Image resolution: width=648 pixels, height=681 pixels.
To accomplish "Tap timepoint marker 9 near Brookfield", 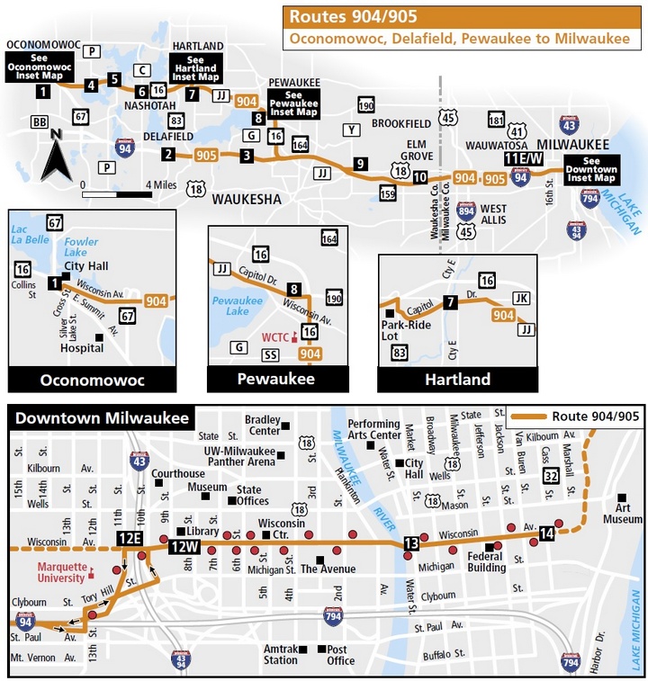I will click(360, 164).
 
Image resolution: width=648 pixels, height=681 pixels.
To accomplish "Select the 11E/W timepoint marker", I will click(524, 159).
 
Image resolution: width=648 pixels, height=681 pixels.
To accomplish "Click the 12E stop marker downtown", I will click(130, 538).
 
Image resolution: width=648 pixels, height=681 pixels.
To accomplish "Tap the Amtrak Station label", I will click(280, 654).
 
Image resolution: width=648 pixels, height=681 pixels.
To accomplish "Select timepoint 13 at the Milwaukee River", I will click(411, 543).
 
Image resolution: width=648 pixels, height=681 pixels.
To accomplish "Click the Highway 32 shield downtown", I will click(551, 475).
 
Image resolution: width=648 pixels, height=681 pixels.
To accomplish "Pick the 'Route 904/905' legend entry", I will click(573, 417).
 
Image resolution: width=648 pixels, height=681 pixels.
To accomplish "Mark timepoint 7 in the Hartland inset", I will click(450, 303).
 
